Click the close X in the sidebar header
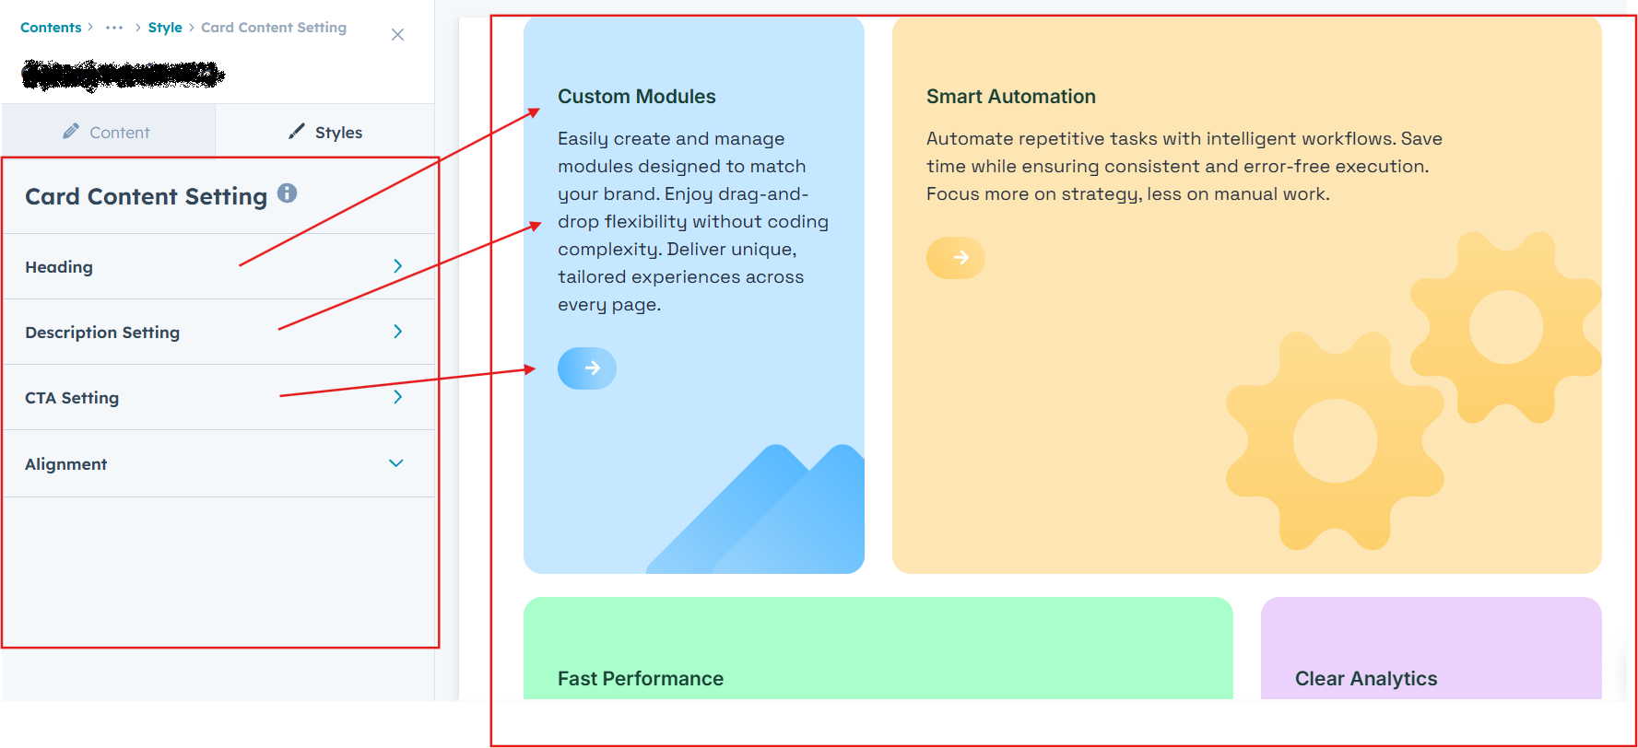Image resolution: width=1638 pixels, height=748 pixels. click(x=397, y=35)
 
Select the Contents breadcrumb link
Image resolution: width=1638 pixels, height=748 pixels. click(x=51, y=28)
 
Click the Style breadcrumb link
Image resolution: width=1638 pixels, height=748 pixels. click(x=165, y=28)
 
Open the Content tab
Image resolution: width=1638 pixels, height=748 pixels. click(x=108, y=132)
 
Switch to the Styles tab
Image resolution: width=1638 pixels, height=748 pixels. click(x=325, y=132)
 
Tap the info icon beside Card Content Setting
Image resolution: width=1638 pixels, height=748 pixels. click(x=288, y=193)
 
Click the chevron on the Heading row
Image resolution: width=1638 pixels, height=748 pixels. click(x=397, y=266)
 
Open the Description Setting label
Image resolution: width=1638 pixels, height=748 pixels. click(x=102, y=333)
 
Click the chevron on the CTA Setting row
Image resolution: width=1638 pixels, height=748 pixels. click(x=397, y=397)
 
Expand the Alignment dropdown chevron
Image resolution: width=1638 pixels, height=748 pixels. click(x=396, y=463)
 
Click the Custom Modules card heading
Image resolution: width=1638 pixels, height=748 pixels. click(x=636, y=97)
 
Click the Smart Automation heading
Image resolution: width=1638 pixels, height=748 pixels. click(x=1010, y=97)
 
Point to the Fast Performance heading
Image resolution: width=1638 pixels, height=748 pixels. click(x=640, y=679)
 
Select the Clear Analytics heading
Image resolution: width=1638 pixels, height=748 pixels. click(x=1365, y=679)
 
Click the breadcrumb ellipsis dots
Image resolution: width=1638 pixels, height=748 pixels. click(x=114, y=28)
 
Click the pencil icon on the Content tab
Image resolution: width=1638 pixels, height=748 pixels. click(x=71, y=132)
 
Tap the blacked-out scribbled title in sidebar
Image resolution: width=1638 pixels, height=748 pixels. click(x=123, y=75)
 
